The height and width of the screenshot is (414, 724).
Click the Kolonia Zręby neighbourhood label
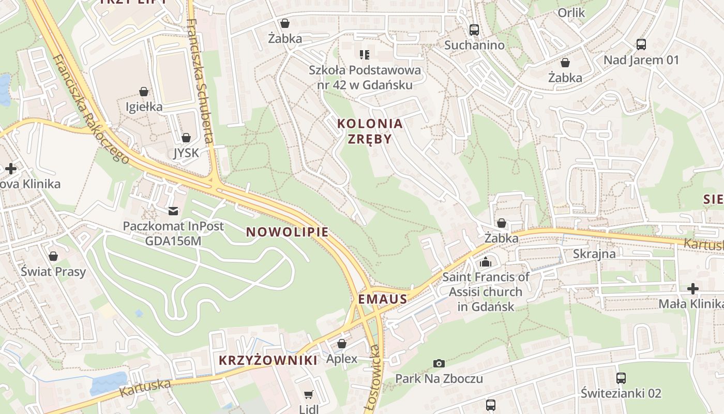pos(369,131)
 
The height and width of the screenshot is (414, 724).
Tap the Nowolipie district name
pos(287,232)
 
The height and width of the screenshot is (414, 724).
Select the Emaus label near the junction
pos(383,299)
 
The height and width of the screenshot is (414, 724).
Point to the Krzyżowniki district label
pos(268,360)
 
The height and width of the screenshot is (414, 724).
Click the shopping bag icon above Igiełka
pos(144,92)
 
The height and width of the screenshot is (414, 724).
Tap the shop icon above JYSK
pos(186,138)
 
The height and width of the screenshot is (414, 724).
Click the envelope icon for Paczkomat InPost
pos(173,211)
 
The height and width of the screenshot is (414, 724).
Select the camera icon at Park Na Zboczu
pos(439,363)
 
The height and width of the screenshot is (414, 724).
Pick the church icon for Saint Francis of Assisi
pos(486,262)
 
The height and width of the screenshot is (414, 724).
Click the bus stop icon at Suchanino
pos(474,30)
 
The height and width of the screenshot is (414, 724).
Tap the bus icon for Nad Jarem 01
pos(641,45)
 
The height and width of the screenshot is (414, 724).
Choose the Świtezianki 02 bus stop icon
pos(621,378)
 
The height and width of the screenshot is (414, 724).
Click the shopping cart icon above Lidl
pos(309,395)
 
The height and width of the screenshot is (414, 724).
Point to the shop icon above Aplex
pos(341,344)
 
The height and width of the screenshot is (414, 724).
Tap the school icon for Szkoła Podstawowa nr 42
pos(365,54)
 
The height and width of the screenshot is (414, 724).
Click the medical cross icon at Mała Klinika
pos(693,288)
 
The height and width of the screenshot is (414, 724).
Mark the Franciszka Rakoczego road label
pos(91,109)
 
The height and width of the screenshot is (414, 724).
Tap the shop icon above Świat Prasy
pos(53,256)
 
